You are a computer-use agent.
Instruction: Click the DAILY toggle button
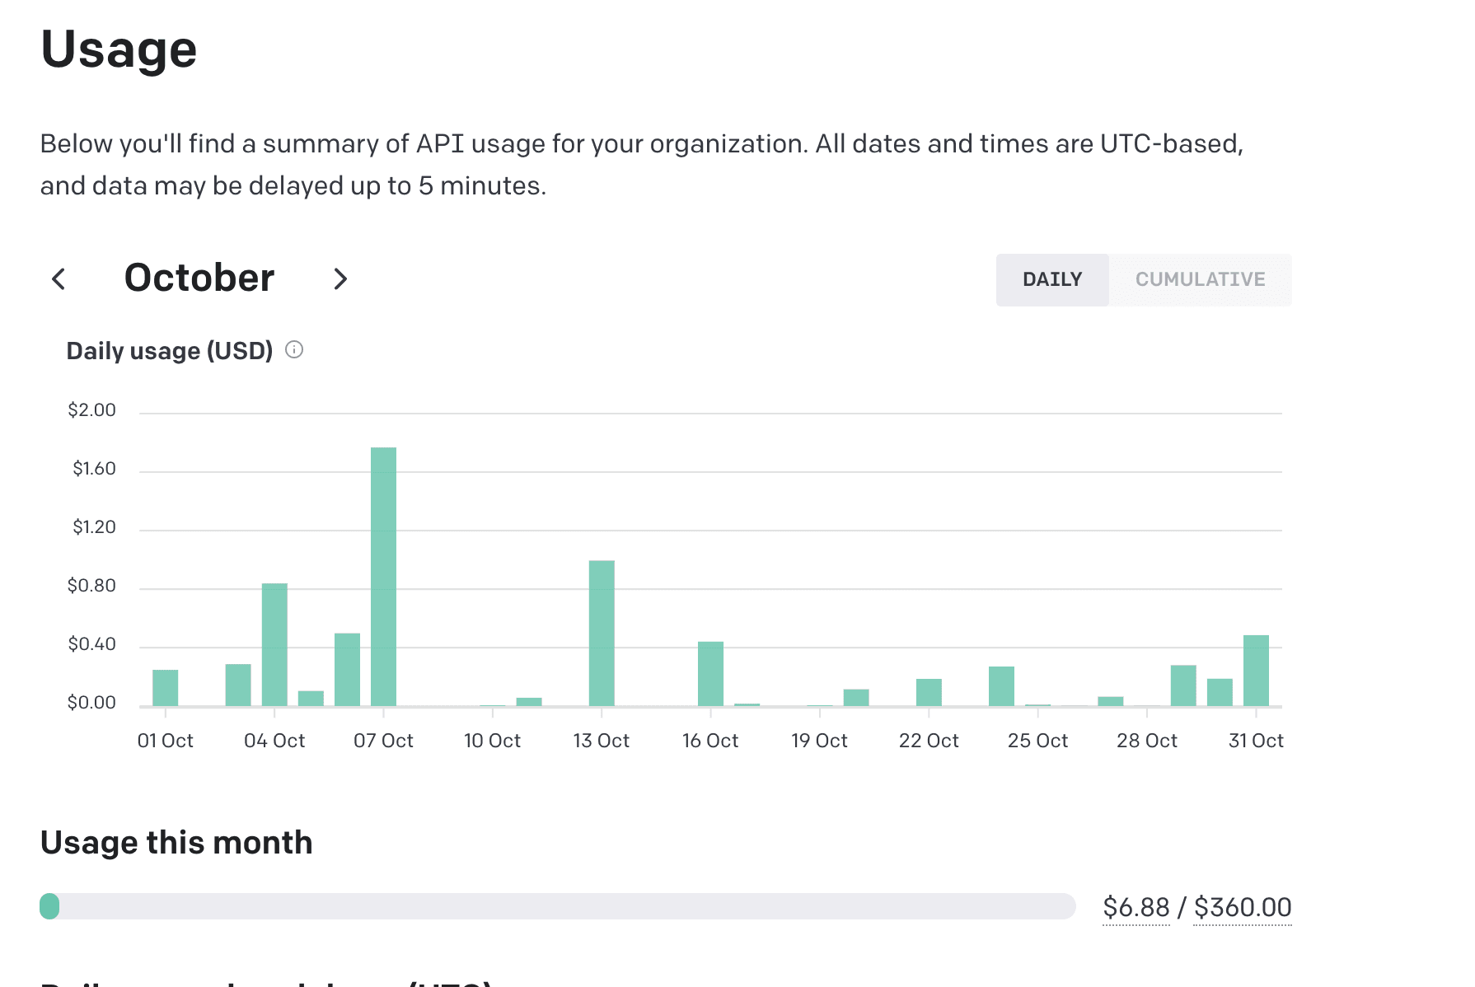[x=1051, y=280]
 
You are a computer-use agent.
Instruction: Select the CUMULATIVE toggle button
[x=1200, y=280]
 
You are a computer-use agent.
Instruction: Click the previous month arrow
[x=59, y=279]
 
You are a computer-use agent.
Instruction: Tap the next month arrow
[x=340, y=279]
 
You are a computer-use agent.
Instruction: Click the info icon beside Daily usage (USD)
[x=294, y=350]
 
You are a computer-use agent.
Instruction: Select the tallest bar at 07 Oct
[x=383, y=577]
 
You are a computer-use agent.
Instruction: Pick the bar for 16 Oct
[x=710, y=673]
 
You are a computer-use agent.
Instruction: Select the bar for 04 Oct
[x=274, y=644]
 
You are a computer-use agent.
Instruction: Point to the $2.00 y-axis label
[x=91, y=410]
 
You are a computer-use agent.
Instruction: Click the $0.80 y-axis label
[x=91, y=586]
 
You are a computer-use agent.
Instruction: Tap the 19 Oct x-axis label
[x=819, y=741]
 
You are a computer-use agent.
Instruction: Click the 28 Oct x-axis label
[x=1146, y=741]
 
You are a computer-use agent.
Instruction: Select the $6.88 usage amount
[x=1136, y=907]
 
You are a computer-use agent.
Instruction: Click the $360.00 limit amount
[x=1242, y=907]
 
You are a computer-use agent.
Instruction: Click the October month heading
[x=199, y=278]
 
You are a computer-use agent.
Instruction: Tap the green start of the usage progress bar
[x=49, y=906]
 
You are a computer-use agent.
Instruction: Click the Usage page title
[x=119, y=49]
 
